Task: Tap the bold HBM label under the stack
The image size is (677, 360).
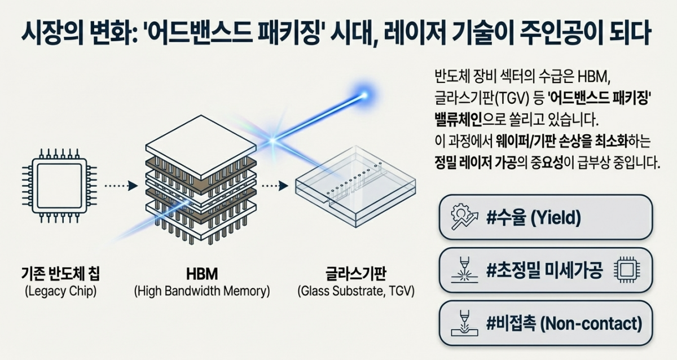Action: tap(201, 275)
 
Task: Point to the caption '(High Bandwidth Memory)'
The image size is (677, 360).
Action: tap(201, 292)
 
